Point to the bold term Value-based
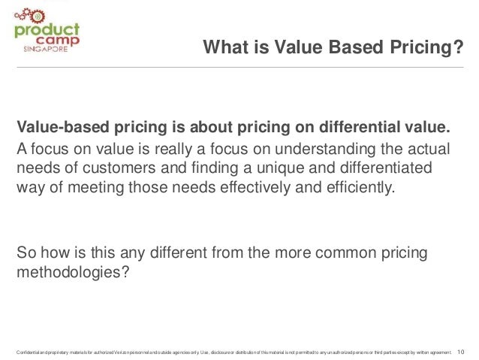[x=63, y=123]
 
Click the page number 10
[x=461, y=351]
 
